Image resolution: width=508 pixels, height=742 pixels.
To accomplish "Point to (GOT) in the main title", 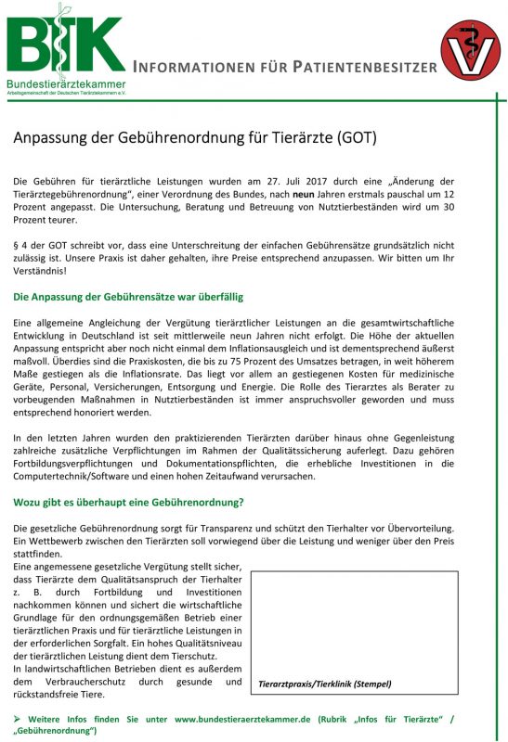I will tap(356, 138).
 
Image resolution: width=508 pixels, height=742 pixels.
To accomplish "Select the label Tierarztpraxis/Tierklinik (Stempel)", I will tap(325, 684).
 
